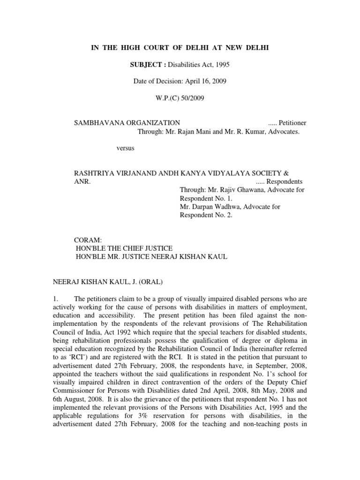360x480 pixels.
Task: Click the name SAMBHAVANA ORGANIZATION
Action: [x=127, y=123]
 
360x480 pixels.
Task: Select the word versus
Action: [x=125, y=148]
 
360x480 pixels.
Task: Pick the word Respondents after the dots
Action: [x=285, y=182]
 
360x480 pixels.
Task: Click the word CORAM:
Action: [x=85, y=240]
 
